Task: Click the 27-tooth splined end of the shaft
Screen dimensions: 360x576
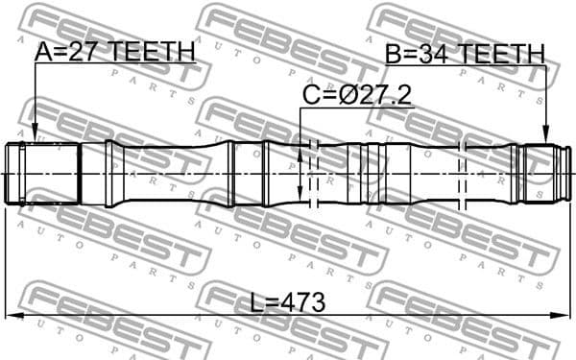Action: [42, 173]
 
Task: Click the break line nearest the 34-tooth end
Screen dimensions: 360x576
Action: [465, 173]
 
